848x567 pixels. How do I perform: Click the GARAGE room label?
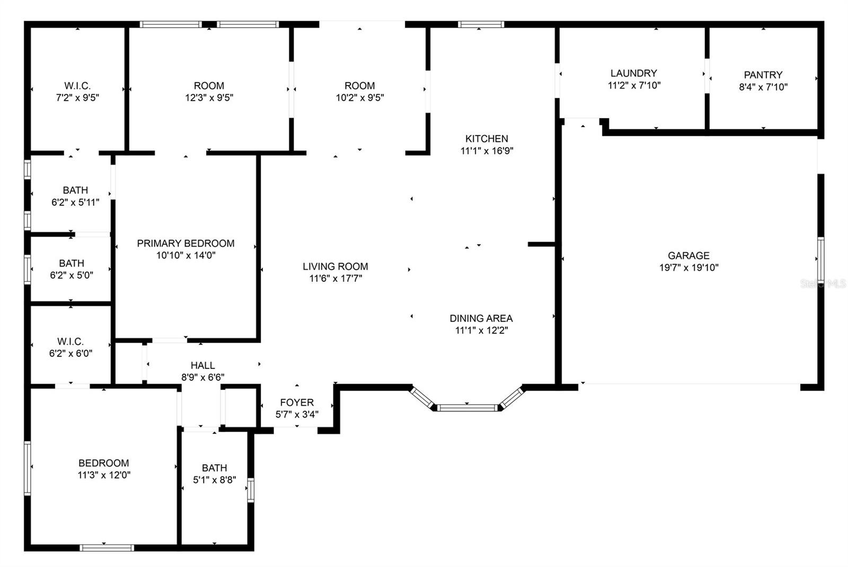pos(688,255)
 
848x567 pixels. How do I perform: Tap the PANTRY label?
pos(763,75)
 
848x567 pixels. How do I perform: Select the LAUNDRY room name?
pos(634,73)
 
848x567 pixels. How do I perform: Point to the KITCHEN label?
pos(487,138)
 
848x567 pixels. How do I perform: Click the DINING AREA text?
pos(481,318)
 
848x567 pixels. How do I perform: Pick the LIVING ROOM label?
pos(335,267)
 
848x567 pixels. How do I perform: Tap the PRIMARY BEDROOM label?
pos(185,243)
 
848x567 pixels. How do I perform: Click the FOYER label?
pos(297,402)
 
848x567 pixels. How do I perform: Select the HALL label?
pos(202,365)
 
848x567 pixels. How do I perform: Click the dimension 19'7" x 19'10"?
pos(688,268)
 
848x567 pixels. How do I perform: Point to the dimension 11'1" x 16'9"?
pos(487,150)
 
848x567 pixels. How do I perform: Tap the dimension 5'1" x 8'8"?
pos(214,480)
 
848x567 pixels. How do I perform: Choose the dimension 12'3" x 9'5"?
pos(209,98)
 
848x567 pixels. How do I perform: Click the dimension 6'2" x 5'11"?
pos(75,202)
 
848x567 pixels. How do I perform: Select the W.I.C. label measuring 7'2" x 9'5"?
pos(77,85)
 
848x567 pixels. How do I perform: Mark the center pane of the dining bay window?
pos(467,407)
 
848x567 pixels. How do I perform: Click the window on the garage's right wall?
pos(820,260)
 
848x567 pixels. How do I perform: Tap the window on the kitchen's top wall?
pos(481,24)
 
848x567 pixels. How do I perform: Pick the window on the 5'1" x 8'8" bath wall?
pos(251,490)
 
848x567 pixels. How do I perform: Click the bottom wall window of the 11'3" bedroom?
pos(107,548)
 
